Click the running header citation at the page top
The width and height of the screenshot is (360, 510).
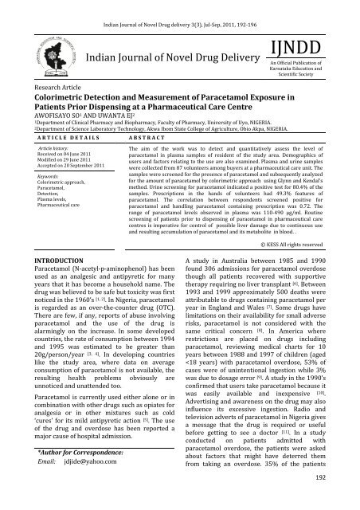(x=180, y=6)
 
